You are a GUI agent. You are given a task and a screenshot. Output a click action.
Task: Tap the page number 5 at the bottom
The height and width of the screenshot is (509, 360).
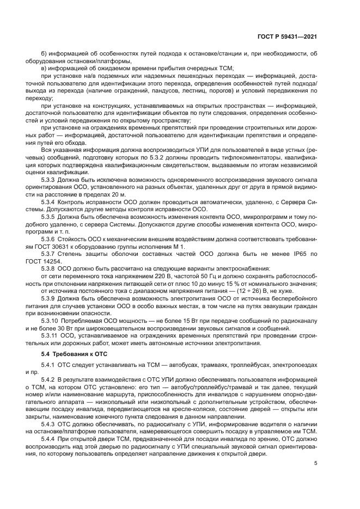click(315, 463)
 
